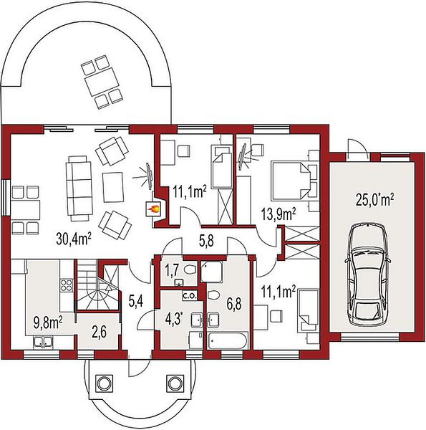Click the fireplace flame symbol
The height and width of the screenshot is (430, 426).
(153, 209)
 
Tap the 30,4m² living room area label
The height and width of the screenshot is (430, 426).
(74, 238)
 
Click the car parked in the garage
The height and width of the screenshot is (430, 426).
(367, 274)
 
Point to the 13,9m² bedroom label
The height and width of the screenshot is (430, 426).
(278, 215)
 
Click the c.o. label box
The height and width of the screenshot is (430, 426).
(190, 296)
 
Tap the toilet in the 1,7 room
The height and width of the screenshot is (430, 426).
(190, 270)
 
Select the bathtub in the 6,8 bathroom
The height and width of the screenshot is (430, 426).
(228, 340)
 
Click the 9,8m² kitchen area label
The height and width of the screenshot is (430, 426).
(48, 324)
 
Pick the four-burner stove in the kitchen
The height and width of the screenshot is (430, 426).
(67, 285)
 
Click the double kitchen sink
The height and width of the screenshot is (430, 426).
(44, 342)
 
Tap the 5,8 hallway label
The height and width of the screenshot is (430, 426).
(205, 242)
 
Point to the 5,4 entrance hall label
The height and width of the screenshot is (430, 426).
(136, 302)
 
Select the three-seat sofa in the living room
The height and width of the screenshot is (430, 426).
(79, 188)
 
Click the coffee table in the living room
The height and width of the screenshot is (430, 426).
(112, 187)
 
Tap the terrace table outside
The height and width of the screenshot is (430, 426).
(102, 82)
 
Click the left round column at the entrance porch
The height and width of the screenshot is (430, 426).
(104, 383)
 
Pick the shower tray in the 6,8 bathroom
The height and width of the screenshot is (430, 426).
(211, 272)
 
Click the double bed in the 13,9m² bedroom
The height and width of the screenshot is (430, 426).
(291, 181)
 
